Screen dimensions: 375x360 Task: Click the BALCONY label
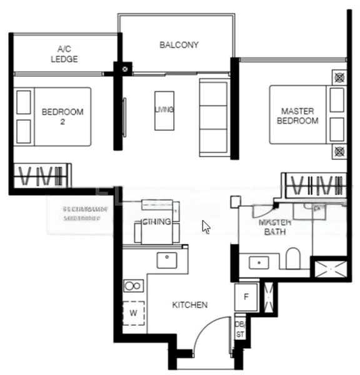point(179,45)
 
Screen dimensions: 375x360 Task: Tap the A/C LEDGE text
point(64,54)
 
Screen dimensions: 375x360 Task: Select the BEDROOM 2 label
point(62,117)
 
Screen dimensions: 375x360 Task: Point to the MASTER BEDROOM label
point(297,116)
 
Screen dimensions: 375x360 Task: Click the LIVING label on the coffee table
point(164,110)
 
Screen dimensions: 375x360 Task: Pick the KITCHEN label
point(189,305)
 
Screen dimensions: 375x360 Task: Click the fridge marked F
point(246,297)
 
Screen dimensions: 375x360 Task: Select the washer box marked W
point(134,312)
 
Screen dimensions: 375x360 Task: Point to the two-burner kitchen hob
point(133,286)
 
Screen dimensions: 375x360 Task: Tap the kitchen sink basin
point(166,260)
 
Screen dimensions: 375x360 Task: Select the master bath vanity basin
point(259,263)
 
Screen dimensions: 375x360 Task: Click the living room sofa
point(213,117)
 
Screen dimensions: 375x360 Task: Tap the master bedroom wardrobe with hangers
point(315,185)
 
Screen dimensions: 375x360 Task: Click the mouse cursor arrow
point(206,227)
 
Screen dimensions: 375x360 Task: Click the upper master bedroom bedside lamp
point(339,78)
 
